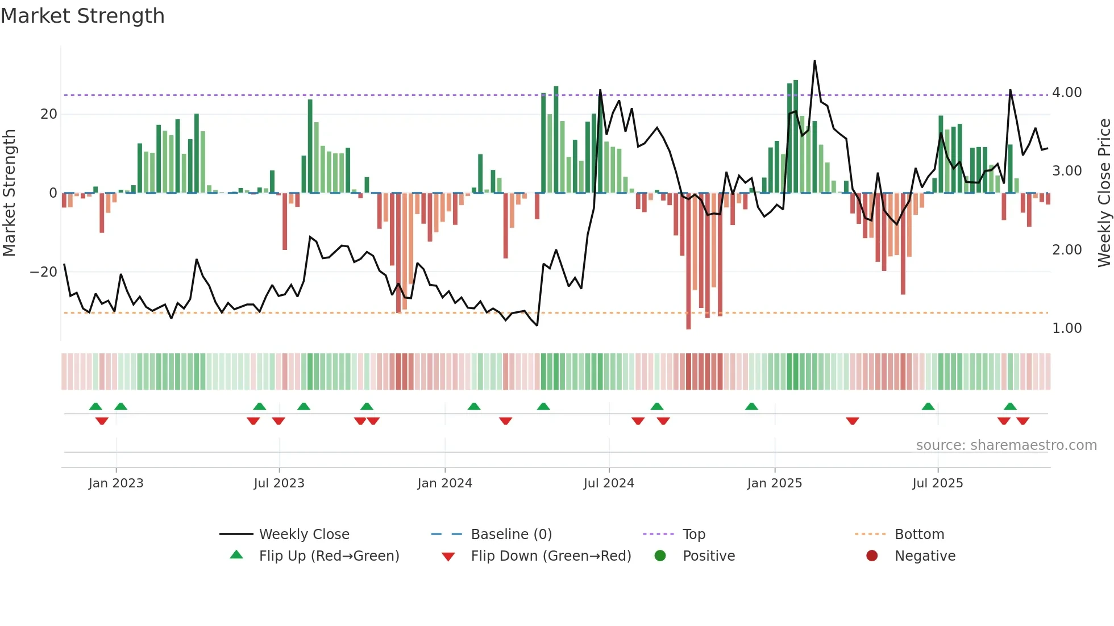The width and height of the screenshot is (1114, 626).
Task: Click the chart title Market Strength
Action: click(x=82, y=16)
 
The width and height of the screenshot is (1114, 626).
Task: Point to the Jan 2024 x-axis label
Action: click(x=444, y=483)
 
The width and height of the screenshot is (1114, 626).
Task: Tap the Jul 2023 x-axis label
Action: click(x=279, y=483)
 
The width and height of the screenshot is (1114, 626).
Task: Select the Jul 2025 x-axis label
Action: click(x=937, y=483)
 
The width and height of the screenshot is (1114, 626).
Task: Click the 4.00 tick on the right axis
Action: click(x=1067, y=93)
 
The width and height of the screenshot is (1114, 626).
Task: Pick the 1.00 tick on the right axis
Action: click(x=1067, y=328)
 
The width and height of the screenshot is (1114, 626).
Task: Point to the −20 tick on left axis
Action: click(x=44, y=272)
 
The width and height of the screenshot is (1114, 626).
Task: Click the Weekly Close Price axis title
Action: click(x=1104, y=193)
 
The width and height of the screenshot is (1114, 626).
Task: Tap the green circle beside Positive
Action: click(x=660, y=556)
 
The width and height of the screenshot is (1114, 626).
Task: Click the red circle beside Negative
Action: click(x=872, y=556)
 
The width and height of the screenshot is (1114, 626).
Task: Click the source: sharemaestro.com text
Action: click(x=1006, y=445)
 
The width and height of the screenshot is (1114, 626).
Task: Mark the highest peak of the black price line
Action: click(x=814, y=61)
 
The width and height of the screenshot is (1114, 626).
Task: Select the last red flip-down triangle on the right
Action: click(x=1022, y=421)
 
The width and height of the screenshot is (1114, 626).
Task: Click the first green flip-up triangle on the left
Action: click(x=95, y=406)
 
